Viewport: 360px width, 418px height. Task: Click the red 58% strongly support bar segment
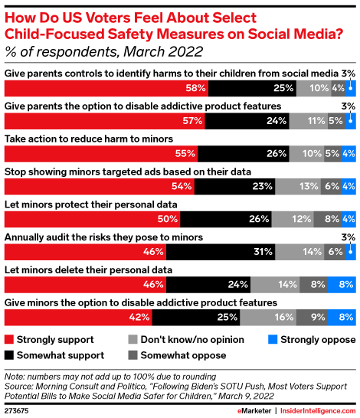click(x=106, y=88)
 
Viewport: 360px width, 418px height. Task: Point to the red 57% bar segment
click(x=105, y=121)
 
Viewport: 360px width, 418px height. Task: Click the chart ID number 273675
click(x=19, y=410)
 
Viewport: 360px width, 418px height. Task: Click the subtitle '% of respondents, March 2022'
click(x=104, y=52)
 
